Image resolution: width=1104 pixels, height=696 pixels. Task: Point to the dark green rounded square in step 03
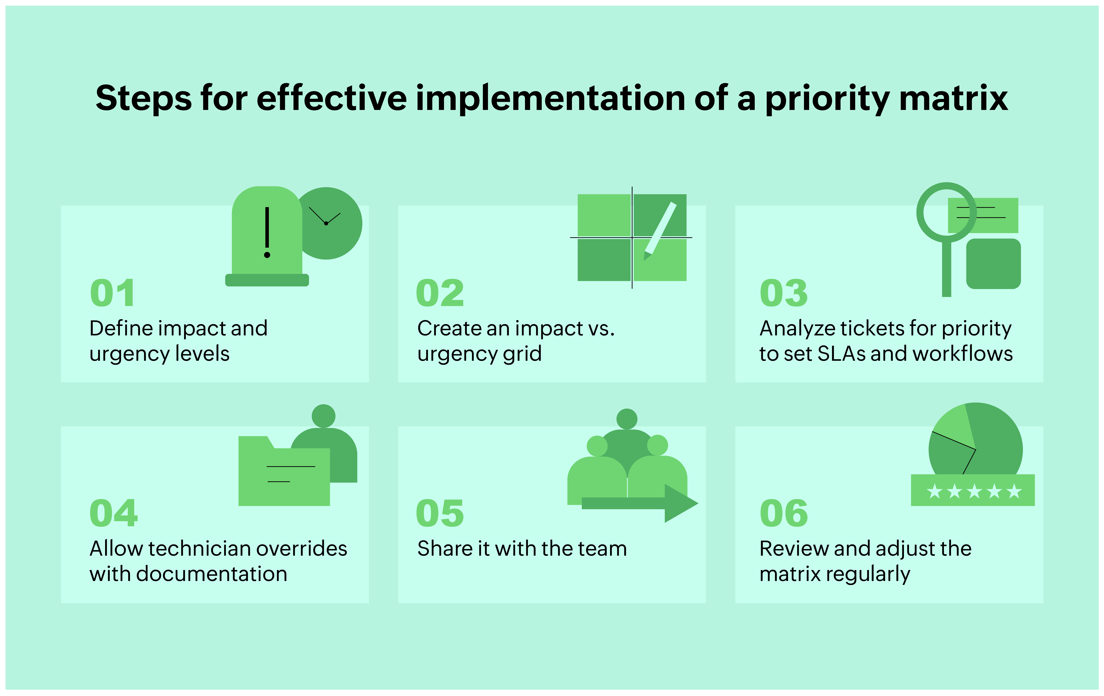[x=993, y=264]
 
